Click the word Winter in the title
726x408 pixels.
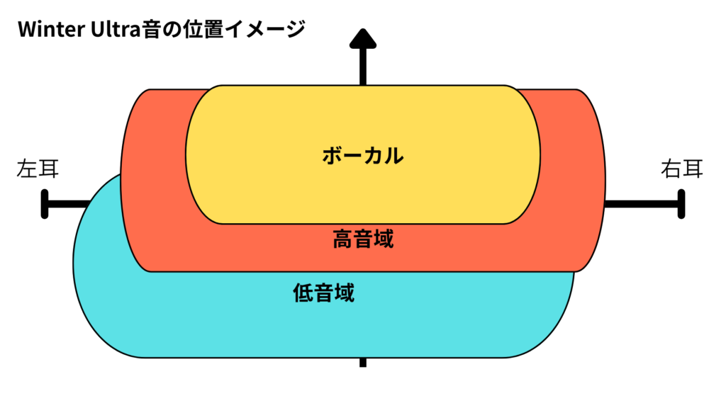pyautogui.click(x=51, y=30)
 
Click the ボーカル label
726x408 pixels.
pyautogui.click(x=362, y=155)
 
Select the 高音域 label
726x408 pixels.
pyautogui.click(x=362, y=239)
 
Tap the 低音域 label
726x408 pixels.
pyautogui.click(x=323, y=292)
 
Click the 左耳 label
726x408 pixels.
pyautogui.click(x=37, y=169)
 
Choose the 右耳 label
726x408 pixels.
pyautogui.click(x=681, y=169)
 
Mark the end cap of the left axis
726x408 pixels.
pyautogui.click(x=45, y=204)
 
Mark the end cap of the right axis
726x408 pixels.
pyautogui.click(x=681, y=204)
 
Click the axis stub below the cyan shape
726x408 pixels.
pyautogui.click(x=363, y=362)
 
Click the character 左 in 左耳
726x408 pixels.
pyautogui.click(x=26, y=169)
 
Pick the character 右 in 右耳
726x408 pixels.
pyautogui.click(x=671, y=169)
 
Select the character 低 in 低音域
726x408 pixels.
pyautogui.click(x=303, y=292)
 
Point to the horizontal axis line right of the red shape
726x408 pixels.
pyautogui.click(x=642, y=204)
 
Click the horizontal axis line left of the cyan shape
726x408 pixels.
pyautogui.click(x=67, y=204)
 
